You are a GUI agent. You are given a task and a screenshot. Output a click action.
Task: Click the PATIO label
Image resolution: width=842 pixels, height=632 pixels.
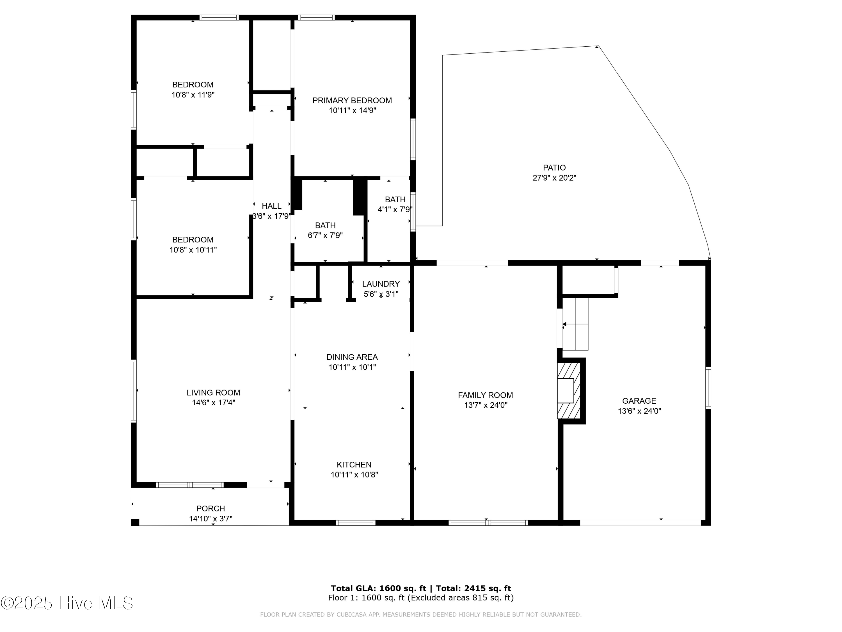[554, 168]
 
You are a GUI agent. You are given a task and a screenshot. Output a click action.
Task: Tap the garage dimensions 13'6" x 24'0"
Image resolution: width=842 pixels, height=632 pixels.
[639, 411]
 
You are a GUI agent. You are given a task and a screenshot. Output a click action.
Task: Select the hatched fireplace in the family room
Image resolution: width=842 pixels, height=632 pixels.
[569, 391]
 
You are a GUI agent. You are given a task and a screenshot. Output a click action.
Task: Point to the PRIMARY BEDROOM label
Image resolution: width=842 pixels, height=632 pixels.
[352, 101]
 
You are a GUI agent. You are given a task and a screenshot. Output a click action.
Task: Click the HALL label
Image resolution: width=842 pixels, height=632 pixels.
[271, 206]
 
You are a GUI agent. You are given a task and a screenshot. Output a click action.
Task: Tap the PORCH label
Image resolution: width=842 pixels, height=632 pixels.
[210, 509]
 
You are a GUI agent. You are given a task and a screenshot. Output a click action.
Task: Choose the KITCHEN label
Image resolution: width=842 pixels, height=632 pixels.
[354, 465]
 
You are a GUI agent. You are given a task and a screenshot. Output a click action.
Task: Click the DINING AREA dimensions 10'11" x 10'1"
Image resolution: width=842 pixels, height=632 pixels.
[352, 367]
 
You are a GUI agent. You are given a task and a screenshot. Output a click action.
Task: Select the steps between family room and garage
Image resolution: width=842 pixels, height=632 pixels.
[575, 324]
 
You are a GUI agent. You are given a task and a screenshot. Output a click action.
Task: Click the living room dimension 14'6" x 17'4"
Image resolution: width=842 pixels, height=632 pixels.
[214, 403]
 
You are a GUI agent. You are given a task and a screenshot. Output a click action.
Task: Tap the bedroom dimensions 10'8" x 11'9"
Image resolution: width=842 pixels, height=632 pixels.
[193, 95]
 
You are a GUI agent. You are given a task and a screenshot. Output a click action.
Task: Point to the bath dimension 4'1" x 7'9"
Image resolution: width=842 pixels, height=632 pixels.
[395, 210]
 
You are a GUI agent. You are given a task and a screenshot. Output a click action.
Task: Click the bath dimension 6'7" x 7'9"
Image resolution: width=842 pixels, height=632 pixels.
[325, 235]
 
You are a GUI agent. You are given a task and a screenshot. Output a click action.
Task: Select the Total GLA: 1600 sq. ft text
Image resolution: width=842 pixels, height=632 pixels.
[378, 588]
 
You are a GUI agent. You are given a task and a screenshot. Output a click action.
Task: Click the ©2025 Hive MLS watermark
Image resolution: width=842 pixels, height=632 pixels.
[67, 603]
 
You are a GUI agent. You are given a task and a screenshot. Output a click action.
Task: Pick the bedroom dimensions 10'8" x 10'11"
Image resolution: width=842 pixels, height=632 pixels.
[193, 250]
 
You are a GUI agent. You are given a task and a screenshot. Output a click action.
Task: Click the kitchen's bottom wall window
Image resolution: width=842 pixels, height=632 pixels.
[356, 523]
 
